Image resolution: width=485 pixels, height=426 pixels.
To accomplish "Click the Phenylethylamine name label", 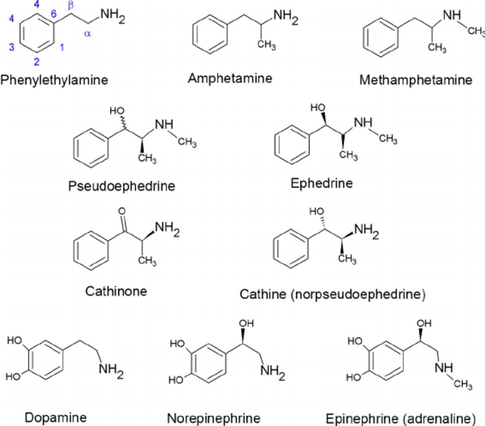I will pos(54,80).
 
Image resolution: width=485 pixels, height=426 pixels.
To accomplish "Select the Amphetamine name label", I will pos(230,79).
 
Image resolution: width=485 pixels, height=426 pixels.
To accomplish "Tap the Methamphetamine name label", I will pos(416,80).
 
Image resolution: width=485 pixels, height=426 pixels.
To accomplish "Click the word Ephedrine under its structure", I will pos(321,183).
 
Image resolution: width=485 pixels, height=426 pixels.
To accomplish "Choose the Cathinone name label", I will pos(116,291).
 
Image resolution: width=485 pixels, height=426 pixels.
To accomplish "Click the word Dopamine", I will pos(55,417).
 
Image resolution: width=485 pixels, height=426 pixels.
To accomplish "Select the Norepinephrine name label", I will pos(213,417).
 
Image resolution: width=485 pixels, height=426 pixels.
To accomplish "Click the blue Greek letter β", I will pos(71,6).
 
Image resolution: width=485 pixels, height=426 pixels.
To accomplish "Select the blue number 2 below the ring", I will pos(37,62).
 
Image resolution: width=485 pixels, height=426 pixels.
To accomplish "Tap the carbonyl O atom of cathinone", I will pos(122,211).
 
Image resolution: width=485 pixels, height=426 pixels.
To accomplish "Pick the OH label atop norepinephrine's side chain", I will pos(246,323).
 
